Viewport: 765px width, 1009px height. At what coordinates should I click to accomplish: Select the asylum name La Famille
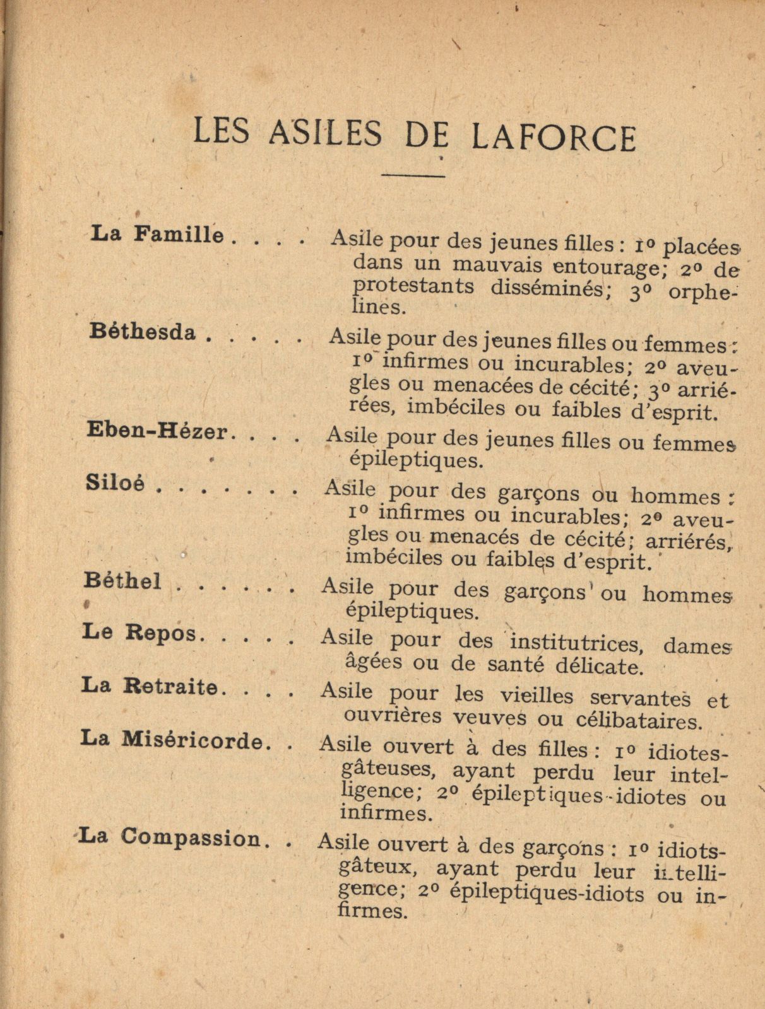(x=158, y=236)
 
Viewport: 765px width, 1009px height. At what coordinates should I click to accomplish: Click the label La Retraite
(x=149, y=685)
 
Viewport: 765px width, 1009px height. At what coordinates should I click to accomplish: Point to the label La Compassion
(x=172, y=837)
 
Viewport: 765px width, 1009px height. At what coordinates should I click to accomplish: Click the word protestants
(x=413, y=286)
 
